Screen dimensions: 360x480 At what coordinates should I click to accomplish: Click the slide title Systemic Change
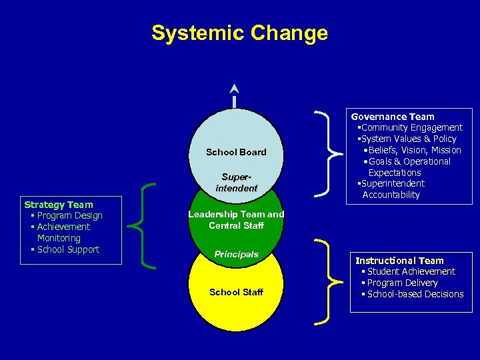(239, 33)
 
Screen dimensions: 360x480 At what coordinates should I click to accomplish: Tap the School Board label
(236, 152)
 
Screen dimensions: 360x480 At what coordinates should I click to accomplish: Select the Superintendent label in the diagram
(236, 183)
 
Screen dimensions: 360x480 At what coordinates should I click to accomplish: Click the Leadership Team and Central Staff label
(236, 220)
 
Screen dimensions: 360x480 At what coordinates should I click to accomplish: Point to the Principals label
(236, 255)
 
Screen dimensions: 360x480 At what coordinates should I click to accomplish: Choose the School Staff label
(236, 292)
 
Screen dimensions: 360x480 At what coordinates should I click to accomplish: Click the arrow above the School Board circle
(234, 95)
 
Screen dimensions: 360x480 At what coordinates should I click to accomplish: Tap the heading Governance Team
(393, 117)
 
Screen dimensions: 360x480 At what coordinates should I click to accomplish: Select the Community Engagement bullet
(411, 127)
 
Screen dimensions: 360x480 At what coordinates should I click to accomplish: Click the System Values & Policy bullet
(408, 139)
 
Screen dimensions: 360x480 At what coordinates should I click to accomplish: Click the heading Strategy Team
(59, 205)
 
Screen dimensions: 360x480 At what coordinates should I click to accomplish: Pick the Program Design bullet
(67, 215)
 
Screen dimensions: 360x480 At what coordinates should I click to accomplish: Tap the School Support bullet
(65, 249)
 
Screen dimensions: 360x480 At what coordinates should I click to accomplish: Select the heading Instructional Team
(399, 261)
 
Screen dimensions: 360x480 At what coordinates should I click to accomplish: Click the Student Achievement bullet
(408, 271)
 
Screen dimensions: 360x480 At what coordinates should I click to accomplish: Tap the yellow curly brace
(325, 282)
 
